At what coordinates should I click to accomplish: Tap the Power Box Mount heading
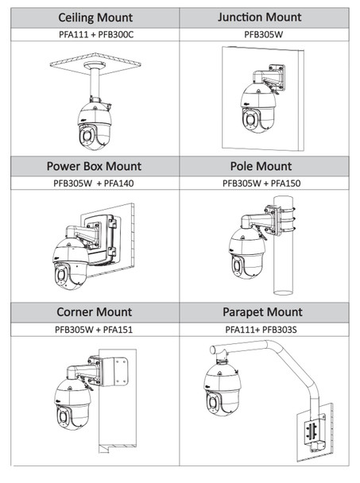(94, 166)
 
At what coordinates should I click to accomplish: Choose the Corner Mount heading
(94, 312)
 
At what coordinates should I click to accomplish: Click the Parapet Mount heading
(263, 312)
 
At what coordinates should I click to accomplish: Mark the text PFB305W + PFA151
(94, 330)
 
